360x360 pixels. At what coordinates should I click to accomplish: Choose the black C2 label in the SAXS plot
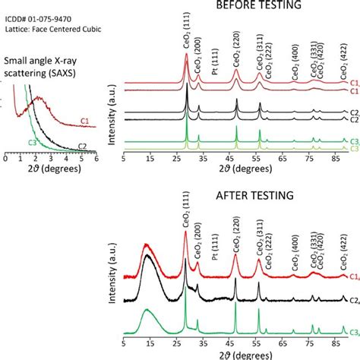point(83,147)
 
